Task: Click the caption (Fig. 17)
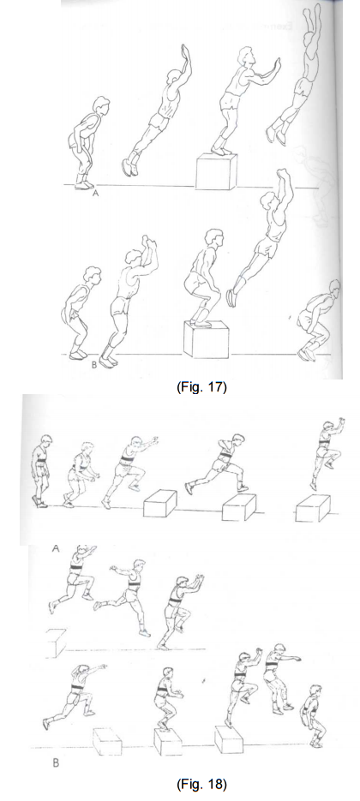point(201,387)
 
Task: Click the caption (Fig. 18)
point(201,784)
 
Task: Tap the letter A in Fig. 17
point(94,193)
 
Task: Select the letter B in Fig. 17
point(93,365)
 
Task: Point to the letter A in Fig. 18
point(56,548)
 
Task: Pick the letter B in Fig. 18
point(56,764)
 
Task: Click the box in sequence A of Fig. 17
point(216,171)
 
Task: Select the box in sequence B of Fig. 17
point(206,338)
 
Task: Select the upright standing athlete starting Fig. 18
point(41,471)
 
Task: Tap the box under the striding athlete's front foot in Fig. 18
point(239,507)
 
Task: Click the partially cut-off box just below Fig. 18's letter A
point(56,643)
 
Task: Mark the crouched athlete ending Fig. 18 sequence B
point(313,715)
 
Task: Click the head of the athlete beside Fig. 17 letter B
point(93,276)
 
